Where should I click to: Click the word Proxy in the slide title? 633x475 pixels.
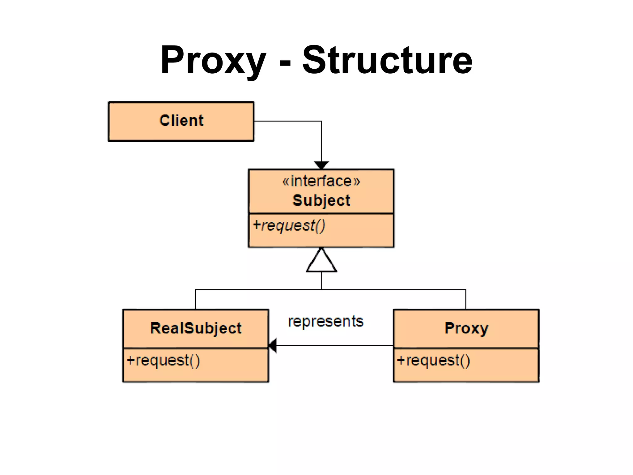click(x=213, y=60)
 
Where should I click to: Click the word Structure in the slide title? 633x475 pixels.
click(x=387, y=60)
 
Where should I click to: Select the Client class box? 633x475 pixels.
click(x=181, y=121)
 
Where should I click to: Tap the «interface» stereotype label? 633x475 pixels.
click(x=321, y=181)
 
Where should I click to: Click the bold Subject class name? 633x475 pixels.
click(x=321, y=200)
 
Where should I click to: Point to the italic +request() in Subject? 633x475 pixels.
click(x=289, y=225)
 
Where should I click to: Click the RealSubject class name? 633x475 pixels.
click(x=196, y=328)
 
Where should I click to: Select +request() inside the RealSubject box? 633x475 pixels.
click(x=163, y=361)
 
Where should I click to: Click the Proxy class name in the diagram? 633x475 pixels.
click(x=466, y=328)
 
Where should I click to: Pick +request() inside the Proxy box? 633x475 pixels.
click(x=433, y=361)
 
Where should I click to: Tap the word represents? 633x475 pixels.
click(x=325, y=321)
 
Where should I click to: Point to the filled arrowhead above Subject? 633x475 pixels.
click(x=321, y=165)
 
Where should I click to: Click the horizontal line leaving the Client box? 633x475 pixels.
click(x=287, y=121)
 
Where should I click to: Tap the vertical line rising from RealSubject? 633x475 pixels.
click(x=196, y=299)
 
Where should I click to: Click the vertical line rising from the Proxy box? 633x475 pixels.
click(x=466, y=299)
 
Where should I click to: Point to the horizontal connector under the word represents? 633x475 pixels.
click(x=334, y=345)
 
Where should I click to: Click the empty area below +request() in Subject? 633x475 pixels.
click(x=321, y=239)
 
